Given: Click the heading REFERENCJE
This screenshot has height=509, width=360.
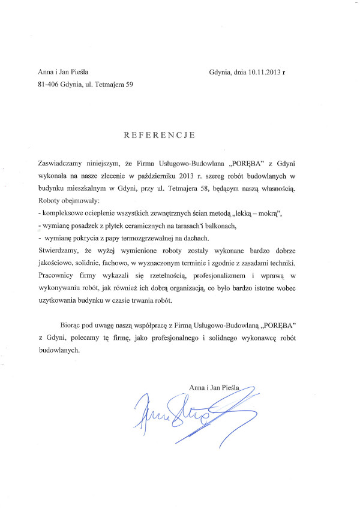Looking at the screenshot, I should click(159, 135).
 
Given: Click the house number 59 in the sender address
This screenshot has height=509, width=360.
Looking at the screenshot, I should click(129, 85).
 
